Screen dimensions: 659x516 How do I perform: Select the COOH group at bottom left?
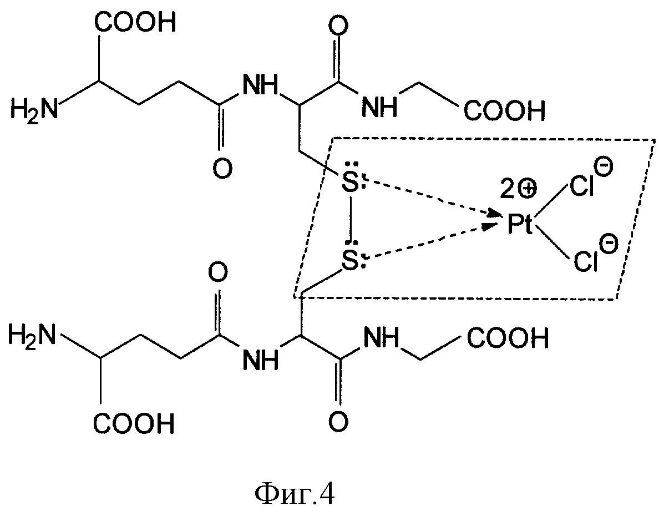pyautogui.click(x=134, y=424)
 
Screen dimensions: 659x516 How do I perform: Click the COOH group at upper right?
pyautogui.click(x=504, y=111)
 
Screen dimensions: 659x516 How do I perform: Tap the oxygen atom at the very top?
pyautogui.click(x=336, y=26)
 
